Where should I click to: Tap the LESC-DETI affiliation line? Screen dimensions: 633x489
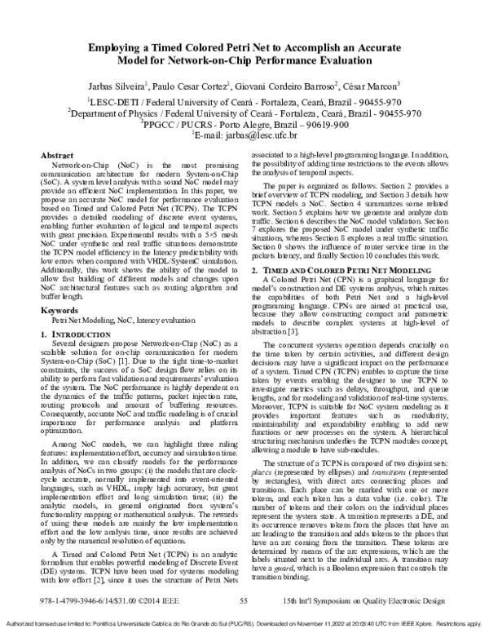point(244,101)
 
